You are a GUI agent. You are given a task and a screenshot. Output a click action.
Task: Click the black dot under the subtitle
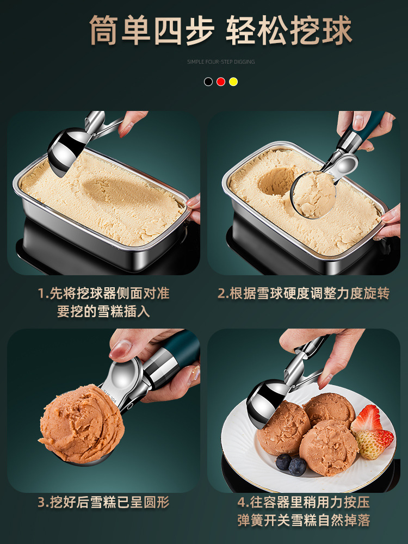(x=208, y=82)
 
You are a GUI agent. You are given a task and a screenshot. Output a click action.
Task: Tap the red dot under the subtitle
(x=221, y=82)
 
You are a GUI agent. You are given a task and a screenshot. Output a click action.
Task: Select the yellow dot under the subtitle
(x=233, y=82)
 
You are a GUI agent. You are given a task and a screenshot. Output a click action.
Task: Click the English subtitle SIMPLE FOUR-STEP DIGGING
(x=221, y=62)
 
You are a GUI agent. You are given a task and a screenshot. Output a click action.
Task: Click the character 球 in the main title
(x=337, y=30)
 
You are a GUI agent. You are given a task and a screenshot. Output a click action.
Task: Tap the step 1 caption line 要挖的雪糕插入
(x=103, y=311)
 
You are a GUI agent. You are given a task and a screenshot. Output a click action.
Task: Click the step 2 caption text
(x=304, y=294)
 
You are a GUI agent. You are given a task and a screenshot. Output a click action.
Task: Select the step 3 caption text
(x=103, y=502)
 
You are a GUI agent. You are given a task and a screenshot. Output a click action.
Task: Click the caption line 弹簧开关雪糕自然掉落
(x=304, y=520)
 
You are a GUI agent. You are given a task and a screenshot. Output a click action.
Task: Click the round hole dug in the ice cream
(x=276, y=181)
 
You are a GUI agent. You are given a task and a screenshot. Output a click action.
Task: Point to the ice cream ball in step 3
(x=82, y=424)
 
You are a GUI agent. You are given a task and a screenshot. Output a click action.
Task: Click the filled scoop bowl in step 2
(x=313, y=194)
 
